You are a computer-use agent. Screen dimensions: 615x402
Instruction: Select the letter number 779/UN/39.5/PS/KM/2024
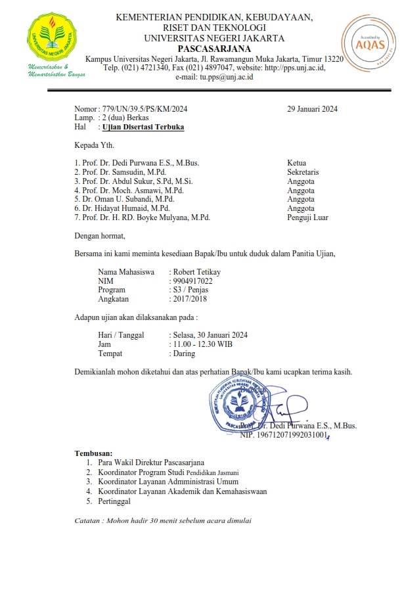[x=142, y=109]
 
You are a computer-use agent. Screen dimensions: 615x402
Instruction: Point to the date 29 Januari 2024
[x=312, y=109]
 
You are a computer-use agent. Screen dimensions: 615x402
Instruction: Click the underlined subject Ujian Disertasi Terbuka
[x=143, y=127]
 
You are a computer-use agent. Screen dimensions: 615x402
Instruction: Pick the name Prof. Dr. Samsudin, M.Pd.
[x=120, y=171]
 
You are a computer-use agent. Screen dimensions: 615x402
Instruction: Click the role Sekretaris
[x=303, y=171]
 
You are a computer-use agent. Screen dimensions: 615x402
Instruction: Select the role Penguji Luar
[x=307, y=217]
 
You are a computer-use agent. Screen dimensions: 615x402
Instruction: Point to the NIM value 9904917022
[x=192, y=281]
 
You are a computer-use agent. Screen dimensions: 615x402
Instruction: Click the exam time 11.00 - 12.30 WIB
[x=202, y=344]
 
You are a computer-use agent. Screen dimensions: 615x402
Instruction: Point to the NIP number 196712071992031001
[x=283, y=435]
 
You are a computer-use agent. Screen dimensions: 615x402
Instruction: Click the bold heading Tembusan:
[x=93, y=453]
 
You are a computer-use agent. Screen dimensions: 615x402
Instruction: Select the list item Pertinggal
[x=114, y=501]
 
